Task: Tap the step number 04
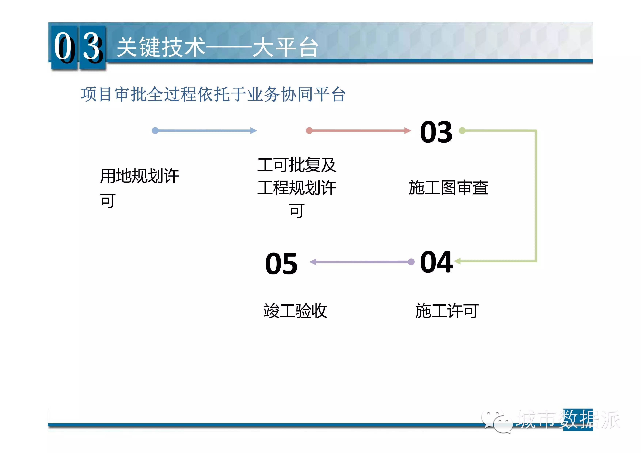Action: click(x=436, y=262)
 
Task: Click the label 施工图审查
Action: click(x=448, y=188)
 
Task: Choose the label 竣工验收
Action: click(x=295, y=311)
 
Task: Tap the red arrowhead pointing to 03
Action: click(x=408, y=131)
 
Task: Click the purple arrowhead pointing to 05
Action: click(x=313, y=262)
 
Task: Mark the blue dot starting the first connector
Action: click(x=155, y=131)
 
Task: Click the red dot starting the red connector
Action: click(x=309, y=131)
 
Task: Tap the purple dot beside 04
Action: click(x=411, y=262)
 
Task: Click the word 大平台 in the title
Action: click(x=285, y=47)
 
